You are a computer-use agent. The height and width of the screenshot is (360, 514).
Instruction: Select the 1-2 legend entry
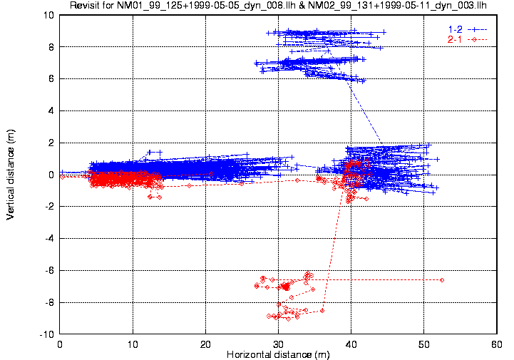453,29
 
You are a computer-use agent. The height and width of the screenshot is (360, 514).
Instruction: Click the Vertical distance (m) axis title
11,174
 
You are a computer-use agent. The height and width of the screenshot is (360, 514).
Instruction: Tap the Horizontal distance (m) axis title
277,354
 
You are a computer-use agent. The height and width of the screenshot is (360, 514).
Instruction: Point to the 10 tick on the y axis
49,15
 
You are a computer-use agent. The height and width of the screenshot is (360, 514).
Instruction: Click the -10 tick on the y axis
48,334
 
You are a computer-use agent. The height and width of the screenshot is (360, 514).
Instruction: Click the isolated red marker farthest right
442,280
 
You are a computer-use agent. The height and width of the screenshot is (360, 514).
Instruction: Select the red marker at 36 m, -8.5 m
322,310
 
